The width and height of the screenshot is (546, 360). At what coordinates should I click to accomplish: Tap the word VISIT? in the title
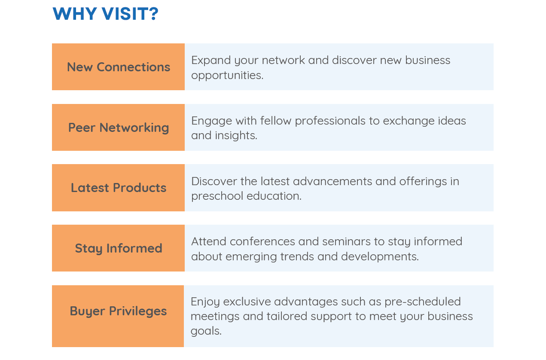[130, 14]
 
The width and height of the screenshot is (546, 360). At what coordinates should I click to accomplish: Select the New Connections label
[119, 67]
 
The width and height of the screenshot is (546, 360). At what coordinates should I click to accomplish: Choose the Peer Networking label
[119, 128]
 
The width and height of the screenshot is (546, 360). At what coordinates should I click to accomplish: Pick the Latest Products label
[119, 188]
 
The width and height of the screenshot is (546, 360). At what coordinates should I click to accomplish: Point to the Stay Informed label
[119, 248]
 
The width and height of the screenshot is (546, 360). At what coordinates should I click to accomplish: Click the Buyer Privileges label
[118, 311]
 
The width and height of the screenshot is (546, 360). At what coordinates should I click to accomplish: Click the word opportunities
[227, 75]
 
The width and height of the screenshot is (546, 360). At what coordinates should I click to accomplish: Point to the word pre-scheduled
[423, 302]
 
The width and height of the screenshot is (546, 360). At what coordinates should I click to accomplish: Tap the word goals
[206, 331]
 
